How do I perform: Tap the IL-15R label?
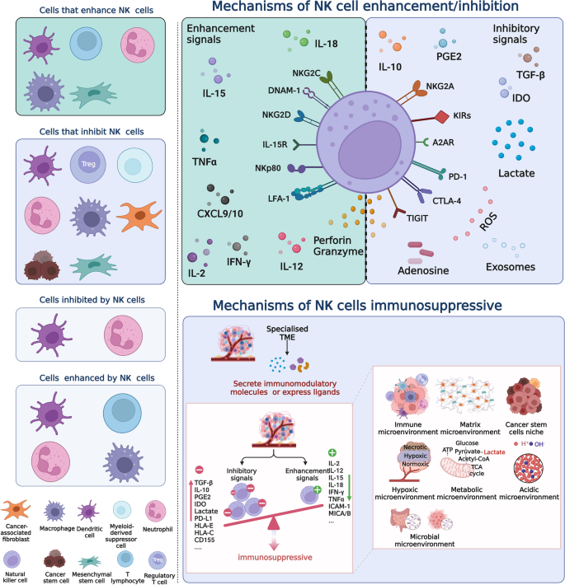[x=276, y=145]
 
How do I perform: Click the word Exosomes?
[x=510, y=267]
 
